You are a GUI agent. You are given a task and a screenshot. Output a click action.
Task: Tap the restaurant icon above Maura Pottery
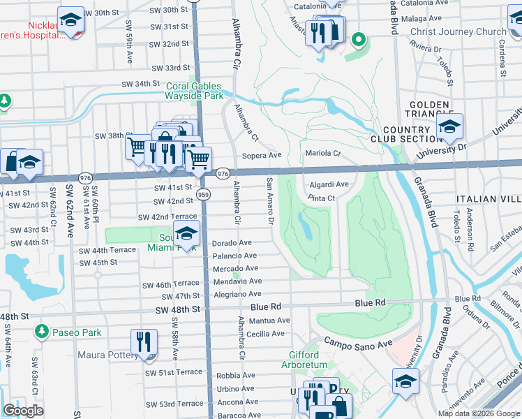point(144,342)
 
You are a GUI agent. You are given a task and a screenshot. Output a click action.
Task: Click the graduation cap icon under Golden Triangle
point(449,126)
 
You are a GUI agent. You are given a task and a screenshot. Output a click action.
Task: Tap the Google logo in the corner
point(23,411)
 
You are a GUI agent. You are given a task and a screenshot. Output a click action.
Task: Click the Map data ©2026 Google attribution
point(478,413)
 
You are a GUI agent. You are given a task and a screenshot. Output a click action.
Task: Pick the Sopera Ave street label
point(261,156)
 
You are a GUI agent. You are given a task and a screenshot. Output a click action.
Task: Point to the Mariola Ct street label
point(322,154)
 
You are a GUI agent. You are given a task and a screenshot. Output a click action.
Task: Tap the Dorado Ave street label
point(232,243)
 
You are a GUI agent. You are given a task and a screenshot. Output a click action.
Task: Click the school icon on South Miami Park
point(187,233)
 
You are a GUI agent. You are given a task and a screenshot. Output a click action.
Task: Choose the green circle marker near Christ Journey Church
point(359,40)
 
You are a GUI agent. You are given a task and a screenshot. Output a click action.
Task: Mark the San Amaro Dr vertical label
point(269,200)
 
